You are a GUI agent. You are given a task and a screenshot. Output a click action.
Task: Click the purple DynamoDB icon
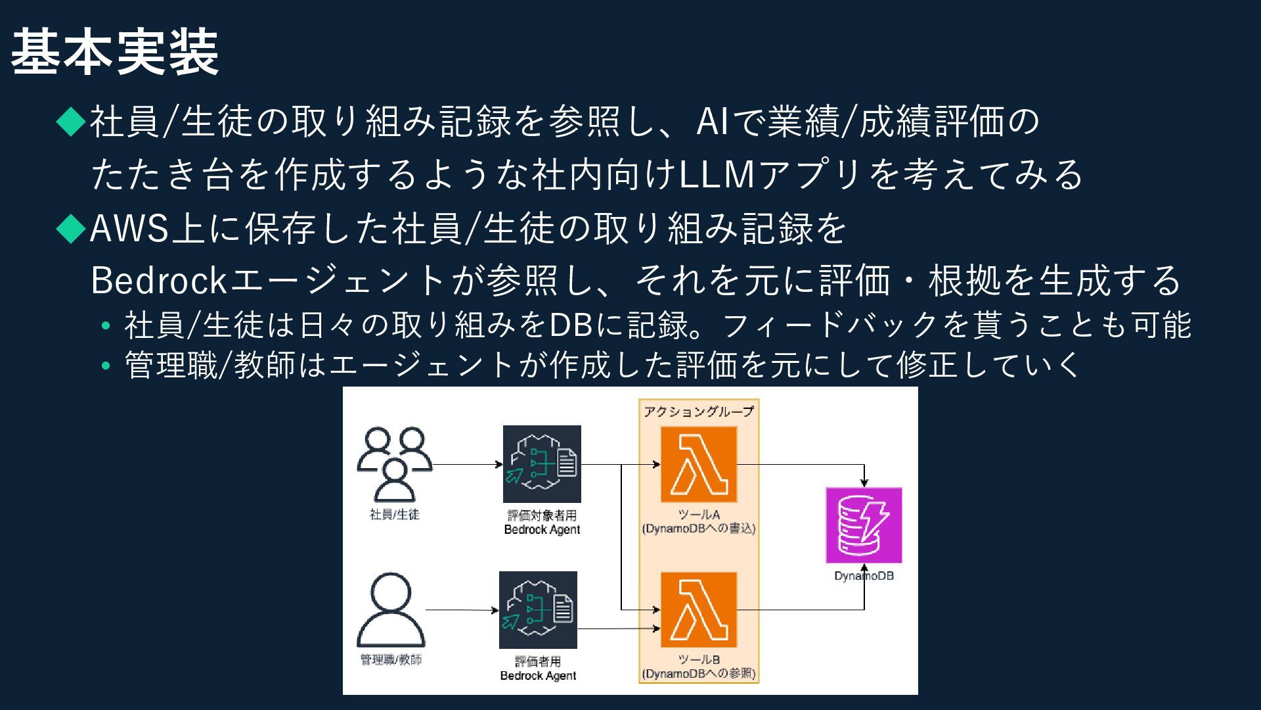tap(864, 525)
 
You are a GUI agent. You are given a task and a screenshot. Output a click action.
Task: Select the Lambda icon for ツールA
tap(699, 464)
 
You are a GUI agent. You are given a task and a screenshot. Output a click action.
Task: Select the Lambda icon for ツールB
tap(699, 610)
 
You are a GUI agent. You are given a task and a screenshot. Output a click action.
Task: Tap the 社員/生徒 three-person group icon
tap(394, 464)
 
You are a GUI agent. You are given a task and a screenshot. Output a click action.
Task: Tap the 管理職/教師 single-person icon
tap(391, 610)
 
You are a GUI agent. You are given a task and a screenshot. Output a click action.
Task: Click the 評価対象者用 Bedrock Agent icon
tap(542, 464)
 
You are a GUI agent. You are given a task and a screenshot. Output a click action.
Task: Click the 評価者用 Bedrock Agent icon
tap(538, 610)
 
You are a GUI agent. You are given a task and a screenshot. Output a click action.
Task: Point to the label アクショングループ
tap(699, 412)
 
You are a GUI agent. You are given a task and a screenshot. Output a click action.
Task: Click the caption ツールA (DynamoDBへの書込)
tap(699, 522)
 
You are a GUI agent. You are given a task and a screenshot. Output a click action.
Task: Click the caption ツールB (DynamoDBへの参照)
tap(699, 667)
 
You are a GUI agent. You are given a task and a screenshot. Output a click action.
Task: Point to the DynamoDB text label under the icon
tap(864, 576)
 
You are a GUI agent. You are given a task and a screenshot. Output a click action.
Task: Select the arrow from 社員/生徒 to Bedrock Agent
tap(468, 465)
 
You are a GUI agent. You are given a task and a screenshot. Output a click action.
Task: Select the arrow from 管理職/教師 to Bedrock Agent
tap(462, 610)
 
